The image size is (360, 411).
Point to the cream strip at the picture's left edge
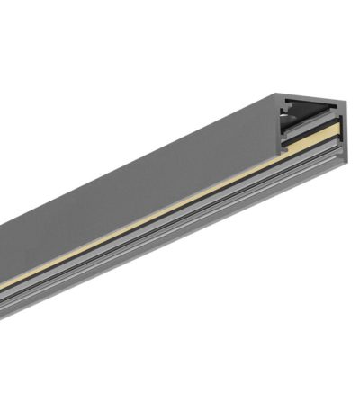pyautogui.click(x=4, y=287)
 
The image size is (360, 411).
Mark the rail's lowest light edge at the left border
pyautogui.click(x=3, y=317)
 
